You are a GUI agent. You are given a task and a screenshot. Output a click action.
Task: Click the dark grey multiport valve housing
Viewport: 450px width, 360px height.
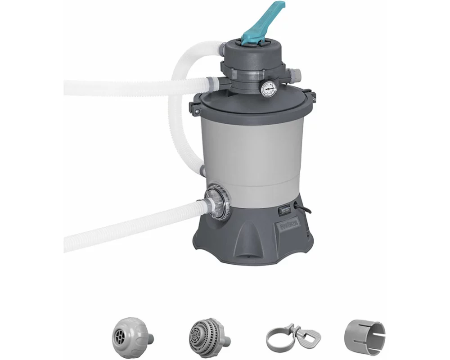(252, 63)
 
